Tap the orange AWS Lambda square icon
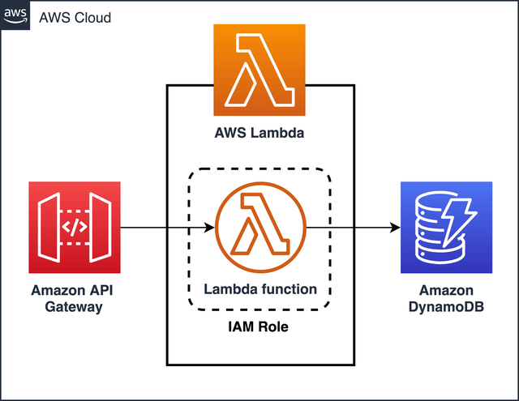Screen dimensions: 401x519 click(x=259, y=70)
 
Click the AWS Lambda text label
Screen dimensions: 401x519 click(x=259, y=133)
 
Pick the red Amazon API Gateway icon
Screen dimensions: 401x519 click(x=75, y=228)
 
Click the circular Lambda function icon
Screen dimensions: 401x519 click(x=260, y=228)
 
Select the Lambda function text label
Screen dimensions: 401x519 click(x=260, y=288)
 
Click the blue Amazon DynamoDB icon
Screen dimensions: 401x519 click(x=447, y=228)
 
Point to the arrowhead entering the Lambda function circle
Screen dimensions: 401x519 click(x=210, y=228)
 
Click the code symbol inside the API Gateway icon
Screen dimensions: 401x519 click(x=74, y=228)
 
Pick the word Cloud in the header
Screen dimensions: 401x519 click(x=93, y=17)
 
